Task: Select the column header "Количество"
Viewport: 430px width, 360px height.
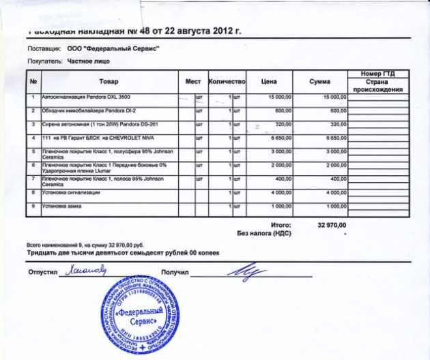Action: (x=226, y=82)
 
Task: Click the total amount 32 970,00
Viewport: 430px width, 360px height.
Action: (x=332, y=224)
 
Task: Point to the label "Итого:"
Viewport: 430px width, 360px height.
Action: (x=281, y=224)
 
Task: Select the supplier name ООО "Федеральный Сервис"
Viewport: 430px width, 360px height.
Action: (x=113, y=49)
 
